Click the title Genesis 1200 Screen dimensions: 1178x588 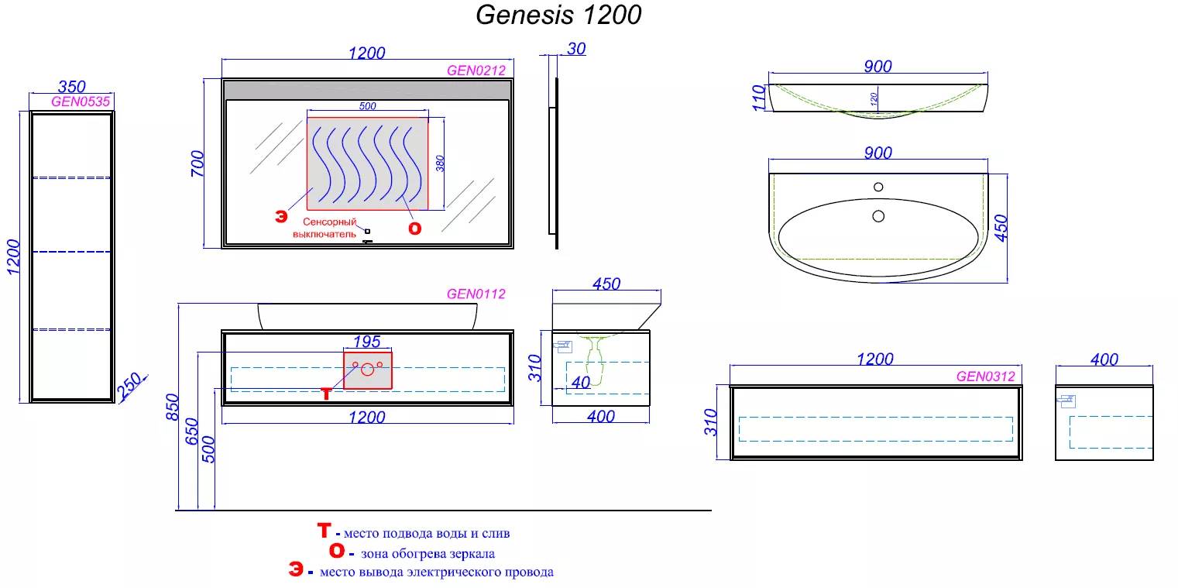558,15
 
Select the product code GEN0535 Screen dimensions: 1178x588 81,101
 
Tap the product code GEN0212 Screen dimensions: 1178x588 476,70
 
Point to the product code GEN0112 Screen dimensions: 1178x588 476,294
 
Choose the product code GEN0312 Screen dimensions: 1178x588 985,377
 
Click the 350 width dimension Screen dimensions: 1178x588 71,86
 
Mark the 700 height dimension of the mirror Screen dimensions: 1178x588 197,163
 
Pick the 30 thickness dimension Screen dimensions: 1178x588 576,49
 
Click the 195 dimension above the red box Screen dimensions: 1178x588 366,342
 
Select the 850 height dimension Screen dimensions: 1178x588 173,407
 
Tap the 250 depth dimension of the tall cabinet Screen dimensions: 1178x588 129,386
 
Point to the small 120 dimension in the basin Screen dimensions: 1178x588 874,99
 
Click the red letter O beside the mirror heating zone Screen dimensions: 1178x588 415,229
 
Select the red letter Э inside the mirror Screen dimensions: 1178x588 281,216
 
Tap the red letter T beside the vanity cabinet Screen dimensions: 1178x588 326,394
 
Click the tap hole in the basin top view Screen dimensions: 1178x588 878,187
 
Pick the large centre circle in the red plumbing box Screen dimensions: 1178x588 368,370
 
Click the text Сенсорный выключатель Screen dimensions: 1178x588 325,229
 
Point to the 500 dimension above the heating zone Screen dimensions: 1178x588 368,106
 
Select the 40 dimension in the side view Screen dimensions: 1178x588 581,383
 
